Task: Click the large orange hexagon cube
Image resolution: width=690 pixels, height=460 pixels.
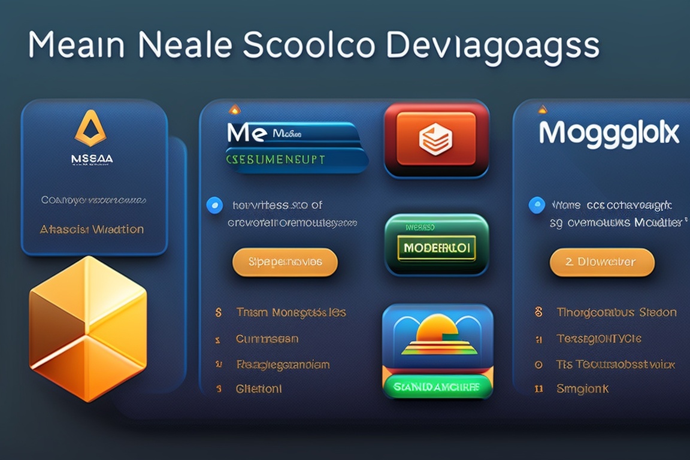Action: tap(88, 328)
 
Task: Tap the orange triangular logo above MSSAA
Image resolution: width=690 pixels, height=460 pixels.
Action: tap(90, 128)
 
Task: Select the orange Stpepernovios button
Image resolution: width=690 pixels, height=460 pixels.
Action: tap(285, 262)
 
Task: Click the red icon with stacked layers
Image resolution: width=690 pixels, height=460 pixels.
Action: tap(436, 140)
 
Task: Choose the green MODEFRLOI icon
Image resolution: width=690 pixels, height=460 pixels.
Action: tap(436, 246)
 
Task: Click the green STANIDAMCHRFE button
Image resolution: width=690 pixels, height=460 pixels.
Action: tap(437, 386)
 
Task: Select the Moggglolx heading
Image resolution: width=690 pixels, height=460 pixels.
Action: tap(609, 133)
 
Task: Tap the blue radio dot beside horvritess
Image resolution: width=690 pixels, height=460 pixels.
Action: tap(214, 205)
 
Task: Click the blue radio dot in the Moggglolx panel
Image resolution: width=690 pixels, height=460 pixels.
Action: tap(537, 205)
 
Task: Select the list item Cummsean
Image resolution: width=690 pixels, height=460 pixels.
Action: tap(267, 339)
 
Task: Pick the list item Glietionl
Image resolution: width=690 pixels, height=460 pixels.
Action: tap(259, 389)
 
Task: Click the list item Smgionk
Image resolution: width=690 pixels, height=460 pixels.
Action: tap(583, 389)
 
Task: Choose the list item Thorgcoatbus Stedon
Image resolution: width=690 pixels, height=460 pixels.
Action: tap(616, 313)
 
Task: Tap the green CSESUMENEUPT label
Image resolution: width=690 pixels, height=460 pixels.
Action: tap(276, 159)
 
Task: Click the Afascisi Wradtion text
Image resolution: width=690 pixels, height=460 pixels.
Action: tap(92, 229)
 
